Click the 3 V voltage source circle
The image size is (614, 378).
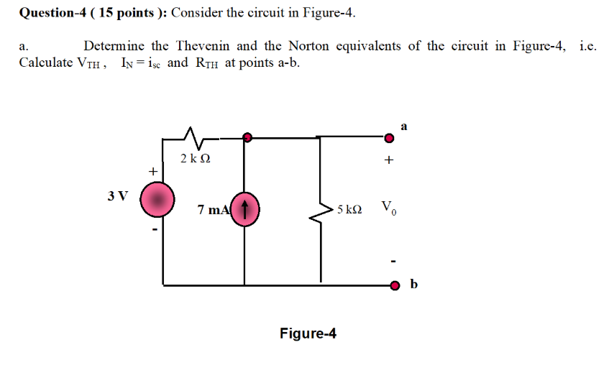(157, 199)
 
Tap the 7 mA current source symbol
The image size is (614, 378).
(246, 210)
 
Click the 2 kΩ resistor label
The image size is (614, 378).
(196, 159)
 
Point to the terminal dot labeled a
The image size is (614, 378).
(389, 137)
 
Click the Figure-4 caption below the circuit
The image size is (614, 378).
(308, 333)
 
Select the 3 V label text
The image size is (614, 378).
(117, 195)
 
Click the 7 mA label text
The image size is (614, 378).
(214, 210)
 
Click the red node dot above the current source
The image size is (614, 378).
(247, 137)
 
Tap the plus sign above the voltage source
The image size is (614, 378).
(152, 172)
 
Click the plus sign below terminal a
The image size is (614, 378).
(389, 161)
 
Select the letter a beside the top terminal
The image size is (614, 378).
(404, 126)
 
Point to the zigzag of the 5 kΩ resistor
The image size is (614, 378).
(321, 209)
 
